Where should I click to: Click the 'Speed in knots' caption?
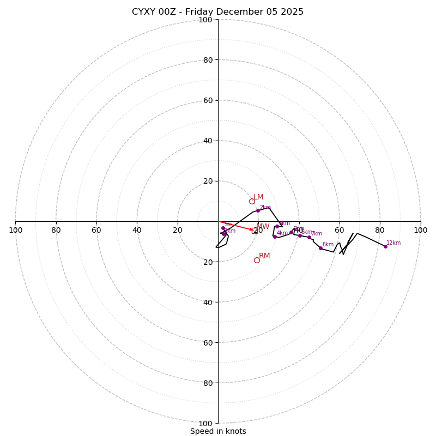coord(218,431)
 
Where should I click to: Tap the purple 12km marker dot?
coord(385,246)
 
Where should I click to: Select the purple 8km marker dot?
coord(320,248)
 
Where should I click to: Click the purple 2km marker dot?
coord(258,210)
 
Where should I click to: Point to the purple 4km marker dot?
coord(275,237)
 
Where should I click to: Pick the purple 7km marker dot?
coord(309,237)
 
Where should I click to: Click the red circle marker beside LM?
coord(252,201)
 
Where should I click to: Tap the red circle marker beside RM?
coord(257,260)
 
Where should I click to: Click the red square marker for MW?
coord(254,231)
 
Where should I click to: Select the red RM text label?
coord(264,256)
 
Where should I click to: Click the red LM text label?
coord(258,197)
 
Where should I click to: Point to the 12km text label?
coord(393,243)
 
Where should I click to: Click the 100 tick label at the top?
coord(205,20)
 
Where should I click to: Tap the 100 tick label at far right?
coord(420,230)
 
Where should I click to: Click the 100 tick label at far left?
coord(16,230)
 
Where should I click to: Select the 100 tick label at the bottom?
coord(205,423)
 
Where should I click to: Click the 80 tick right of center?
coord(380,230)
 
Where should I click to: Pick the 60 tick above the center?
coord(208,100)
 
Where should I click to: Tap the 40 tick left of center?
coord(137,230)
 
